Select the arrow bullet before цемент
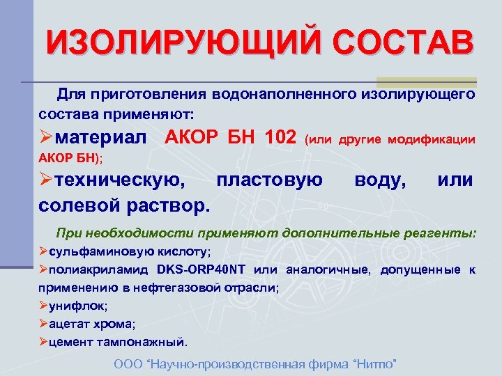[43, 342]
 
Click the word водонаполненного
[288, 93]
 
